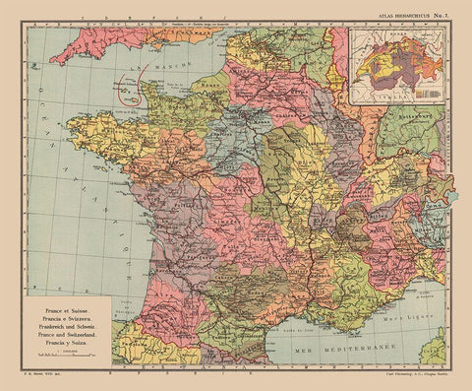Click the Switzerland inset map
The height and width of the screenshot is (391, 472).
[x=398, y=63]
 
